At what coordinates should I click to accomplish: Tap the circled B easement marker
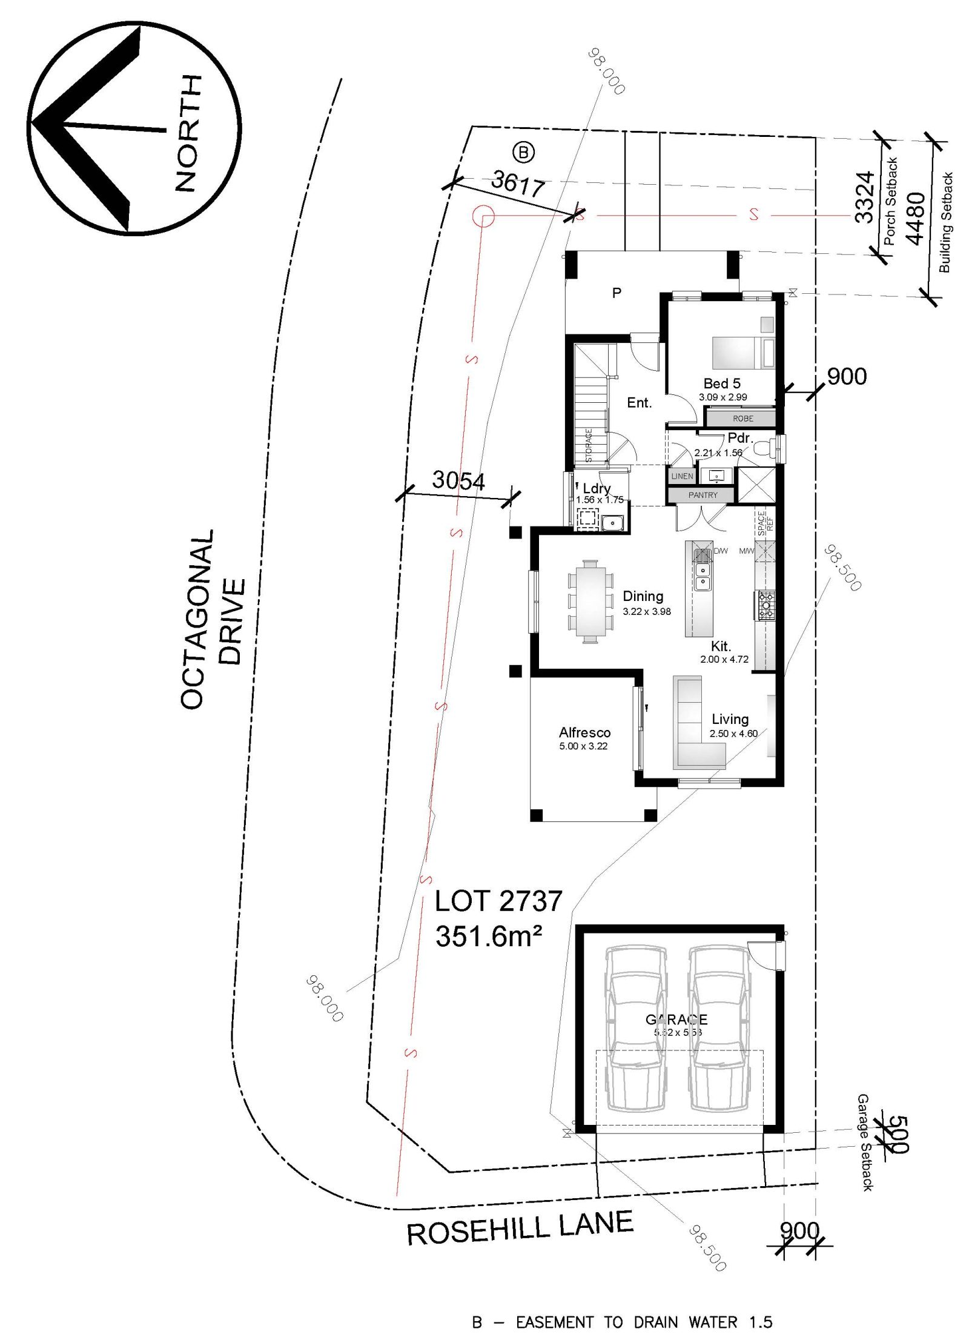pos(523,153)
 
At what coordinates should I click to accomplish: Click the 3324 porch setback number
pos(865,197)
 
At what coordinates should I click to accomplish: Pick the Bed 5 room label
pos(722,383)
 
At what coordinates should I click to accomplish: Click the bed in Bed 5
pos(742,353)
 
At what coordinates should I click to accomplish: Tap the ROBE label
pos(742,419)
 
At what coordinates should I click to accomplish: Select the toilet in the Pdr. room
pos(767,448)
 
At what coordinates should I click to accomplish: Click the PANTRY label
pos(703,495)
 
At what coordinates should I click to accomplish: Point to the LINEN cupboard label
pos(682,476)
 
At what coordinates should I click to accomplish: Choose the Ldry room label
pos(597,488)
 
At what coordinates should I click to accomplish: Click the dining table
pos(588,601)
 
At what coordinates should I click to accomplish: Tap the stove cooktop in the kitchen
pos(766,604)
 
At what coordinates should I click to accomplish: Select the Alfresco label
pos(584,733)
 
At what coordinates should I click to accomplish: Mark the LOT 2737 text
pos(498,901)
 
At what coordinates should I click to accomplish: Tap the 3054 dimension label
pos(458,480)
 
